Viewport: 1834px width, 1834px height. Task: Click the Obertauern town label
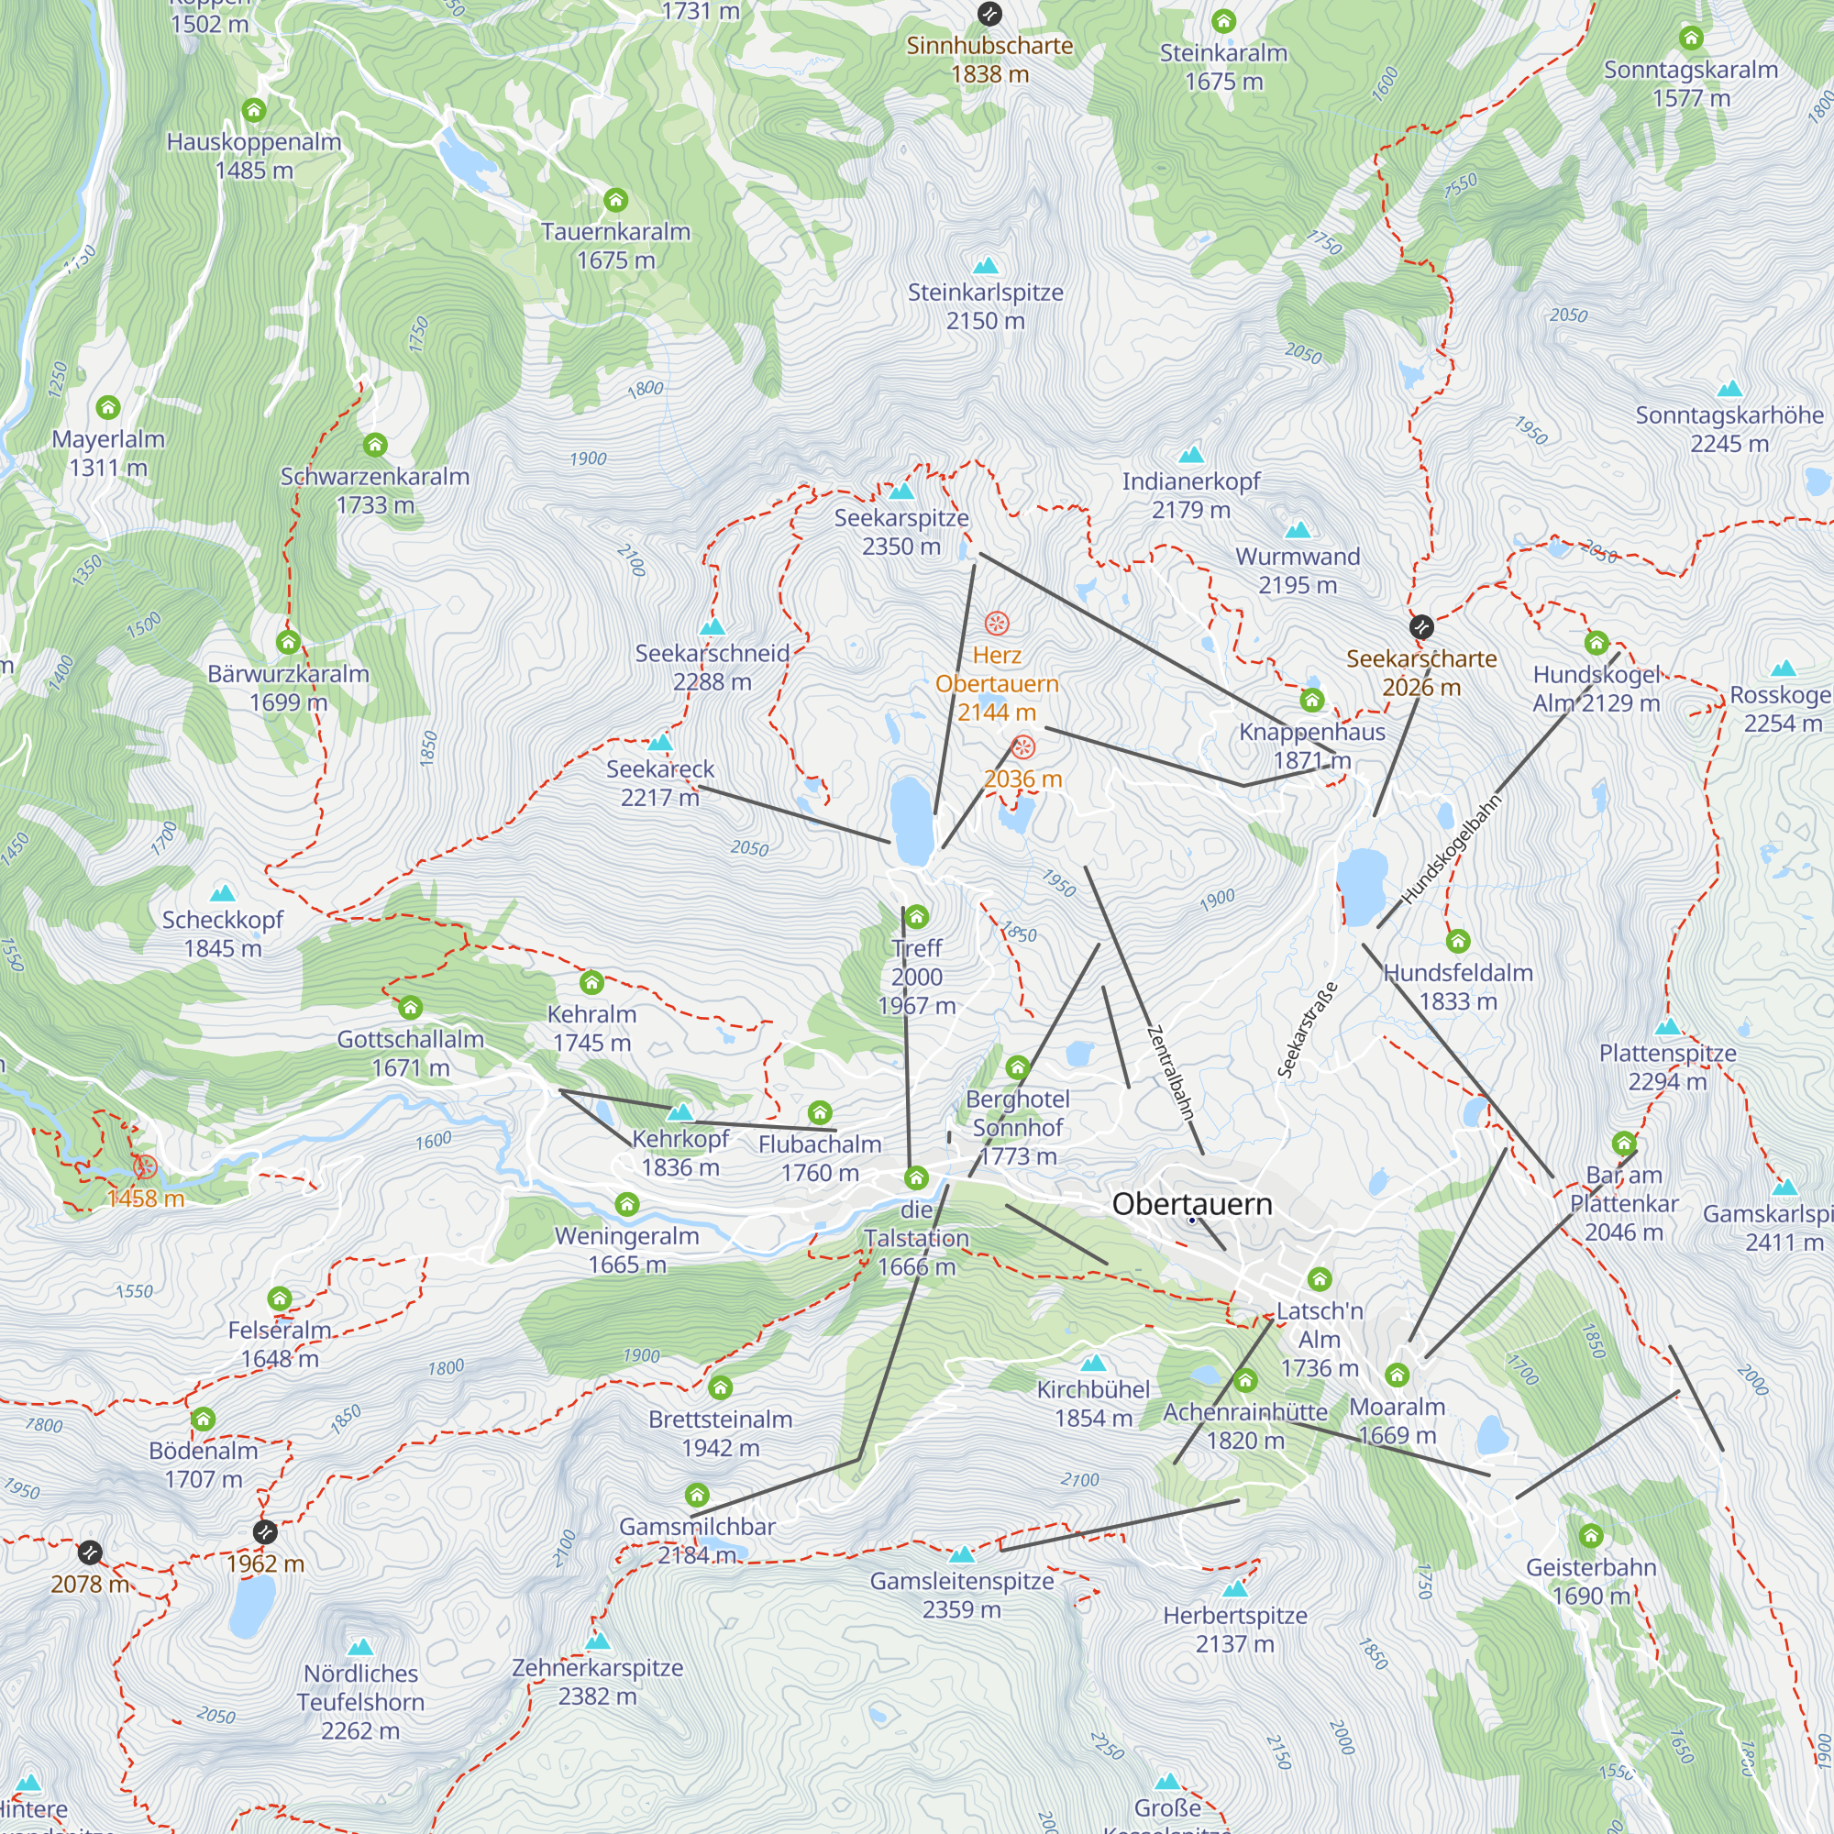[x=1191, y=1204]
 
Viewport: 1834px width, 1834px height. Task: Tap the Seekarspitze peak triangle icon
[x=900, y=491]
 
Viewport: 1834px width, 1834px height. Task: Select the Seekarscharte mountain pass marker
[x=1421, y=626]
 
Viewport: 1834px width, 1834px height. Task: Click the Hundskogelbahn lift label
[x=1452, y=848]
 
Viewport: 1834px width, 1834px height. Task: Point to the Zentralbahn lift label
[x=1169, y=1073]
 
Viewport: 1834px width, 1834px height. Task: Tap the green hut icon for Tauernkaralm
[x=616, y=199]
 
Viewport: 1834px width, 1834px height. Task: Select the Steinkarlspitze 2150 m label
[x=986, y=305]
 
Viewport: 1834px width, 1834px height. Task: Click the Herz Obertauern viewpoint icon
[x=996, y=623]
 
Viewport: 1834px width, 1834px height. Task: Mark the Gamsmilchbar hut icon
[x=697, y=1495]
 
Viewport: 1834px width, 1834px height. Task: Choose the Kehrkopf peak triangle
[x=679, y=1111]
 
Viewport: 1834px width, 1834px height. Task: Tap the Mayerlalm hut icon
[x=108, y=407]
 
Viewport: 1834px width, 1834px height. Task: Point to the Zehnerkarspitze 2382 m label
[x=597, y=1681]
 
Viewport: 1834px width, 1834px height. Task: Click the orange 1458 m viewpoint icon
[x=144, y=1166]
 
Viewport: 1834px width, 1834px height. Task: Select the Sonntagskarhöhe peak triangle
[x=1729, y=388]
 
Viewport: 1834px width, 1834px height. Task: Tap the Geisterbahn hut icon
[x=1591, y=1535]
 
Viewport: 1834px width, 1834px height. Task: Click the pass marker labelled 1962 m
[x=265, y=1532]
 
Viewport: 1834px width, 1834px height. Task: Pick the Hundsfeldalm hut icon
[x=1458, y=941]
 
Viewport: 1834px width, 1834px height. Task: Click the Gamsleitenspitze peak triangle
[x=962, y=1554]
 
